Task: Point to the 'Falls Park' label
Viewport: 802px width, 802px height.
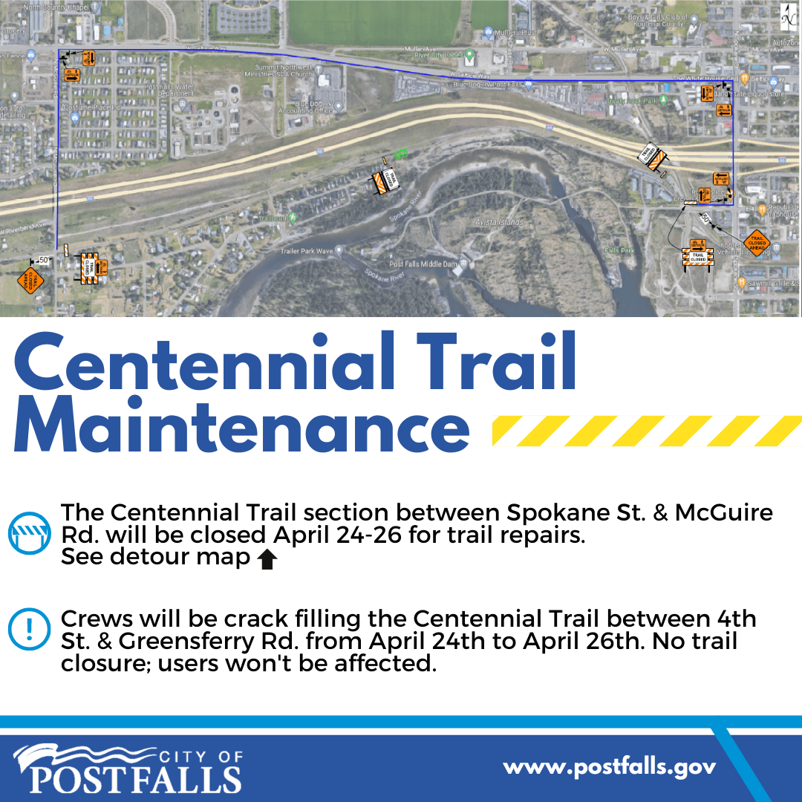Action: coord(619,251)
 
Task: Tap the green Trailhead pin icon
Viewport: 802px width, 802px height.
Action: coord(293,218)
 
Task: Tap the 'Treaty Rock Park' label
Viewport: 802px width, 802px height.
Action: coord(632,100)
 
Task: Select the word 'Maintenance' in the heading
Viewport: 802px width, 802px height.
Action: coord(241,426)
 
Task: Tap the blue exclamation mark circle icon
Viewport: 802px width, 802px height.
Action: coord(28,630)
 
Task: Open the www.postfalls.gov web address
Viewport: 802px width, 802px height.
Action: coord(609,766)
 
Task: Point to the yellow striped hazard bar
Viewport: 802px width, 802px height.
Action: coord(646,431)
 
